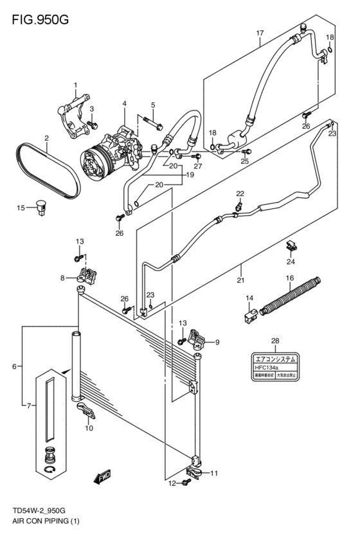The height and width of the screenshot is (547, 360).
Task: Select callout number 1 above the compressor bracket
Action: click(75, 85)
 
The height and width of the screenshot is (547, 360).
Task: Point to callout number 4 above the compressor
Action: click(124, 103)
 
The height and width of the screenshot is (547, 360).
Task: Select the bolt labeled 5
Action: click(148, 120)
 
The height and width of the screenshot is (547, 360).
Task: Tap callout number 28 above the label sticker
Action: click(274, 341)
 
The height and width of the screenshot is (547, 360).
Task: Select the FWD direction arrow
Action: click(102, 478)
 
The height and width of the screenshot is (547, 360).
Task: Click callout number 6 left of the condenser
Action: click(14, 366)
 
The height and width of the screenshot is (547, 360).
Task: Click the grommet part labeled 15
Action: click(43, 206)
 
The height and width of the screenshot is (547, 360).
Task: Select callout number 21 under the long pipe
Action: click(241, 280)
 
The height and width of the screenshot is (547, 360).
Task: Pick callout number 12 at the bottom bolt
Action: click(171, 483)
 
